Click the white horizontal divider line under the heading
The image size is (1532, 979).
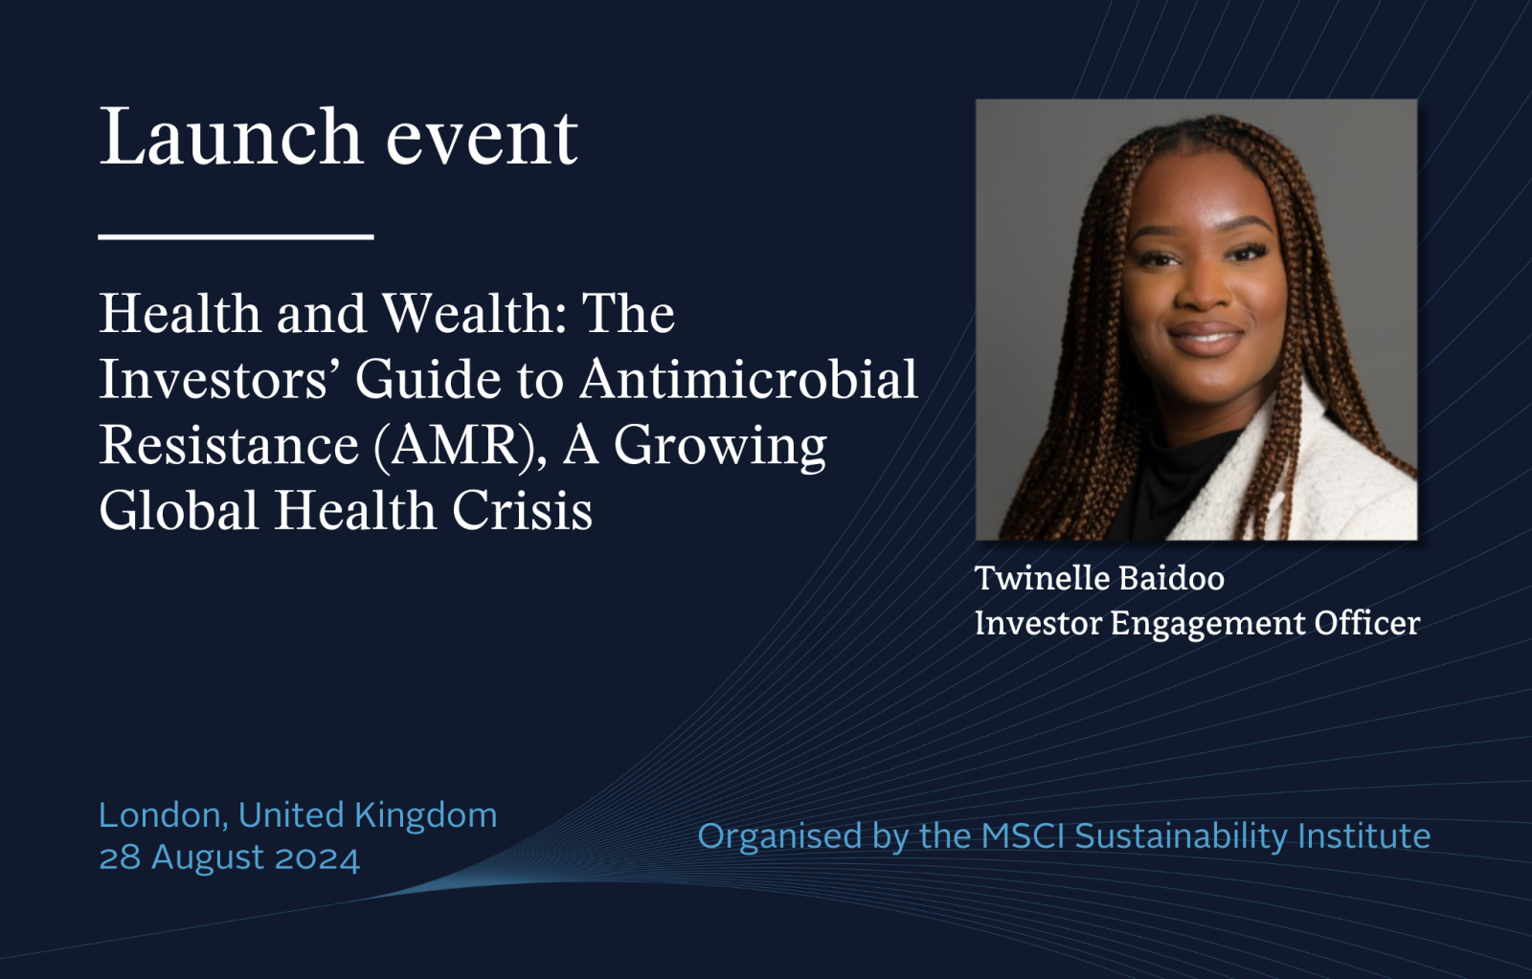pos(236,236)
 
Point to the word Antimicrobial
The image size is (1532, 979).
pos(748,379)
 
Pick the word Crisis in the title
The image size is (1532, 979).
pos(522,510)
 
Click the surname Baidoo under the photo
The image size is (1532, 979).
pos(1172,578)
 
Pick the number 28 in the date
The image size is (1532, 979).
pos(121,858)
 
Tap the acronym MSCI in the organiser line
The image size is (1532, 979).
pos(1024,836)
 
